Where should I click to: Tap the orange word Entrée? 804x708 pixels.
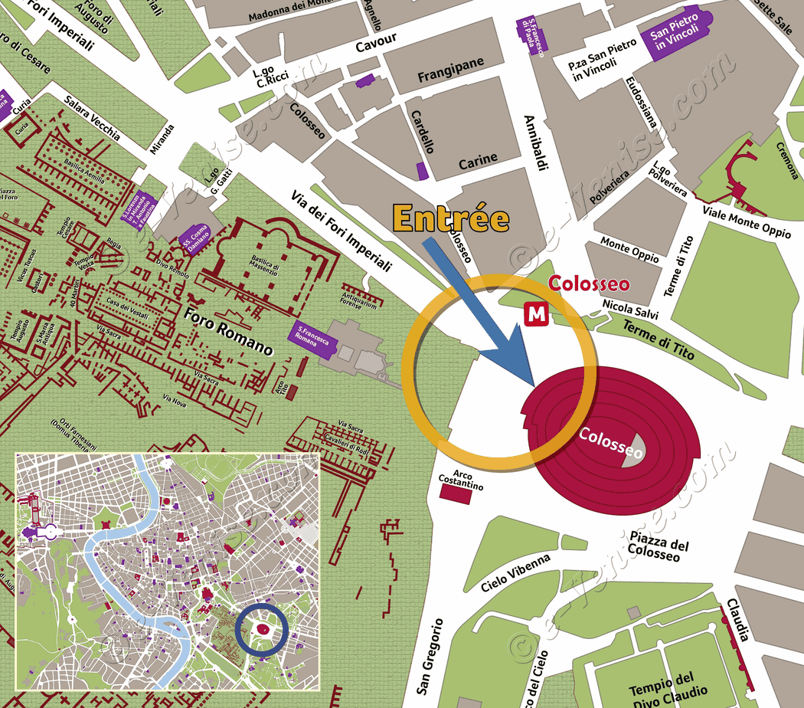coord(451,218)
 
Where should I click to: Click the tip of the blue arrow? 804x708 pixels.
coord(531,382)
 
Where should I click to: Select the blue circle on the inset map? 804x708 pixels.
coord(262,630)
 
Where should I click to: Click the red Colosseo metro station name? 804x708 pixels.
coord(590,285)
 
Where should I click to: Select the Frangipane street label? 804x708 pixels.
coord(450,77)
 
